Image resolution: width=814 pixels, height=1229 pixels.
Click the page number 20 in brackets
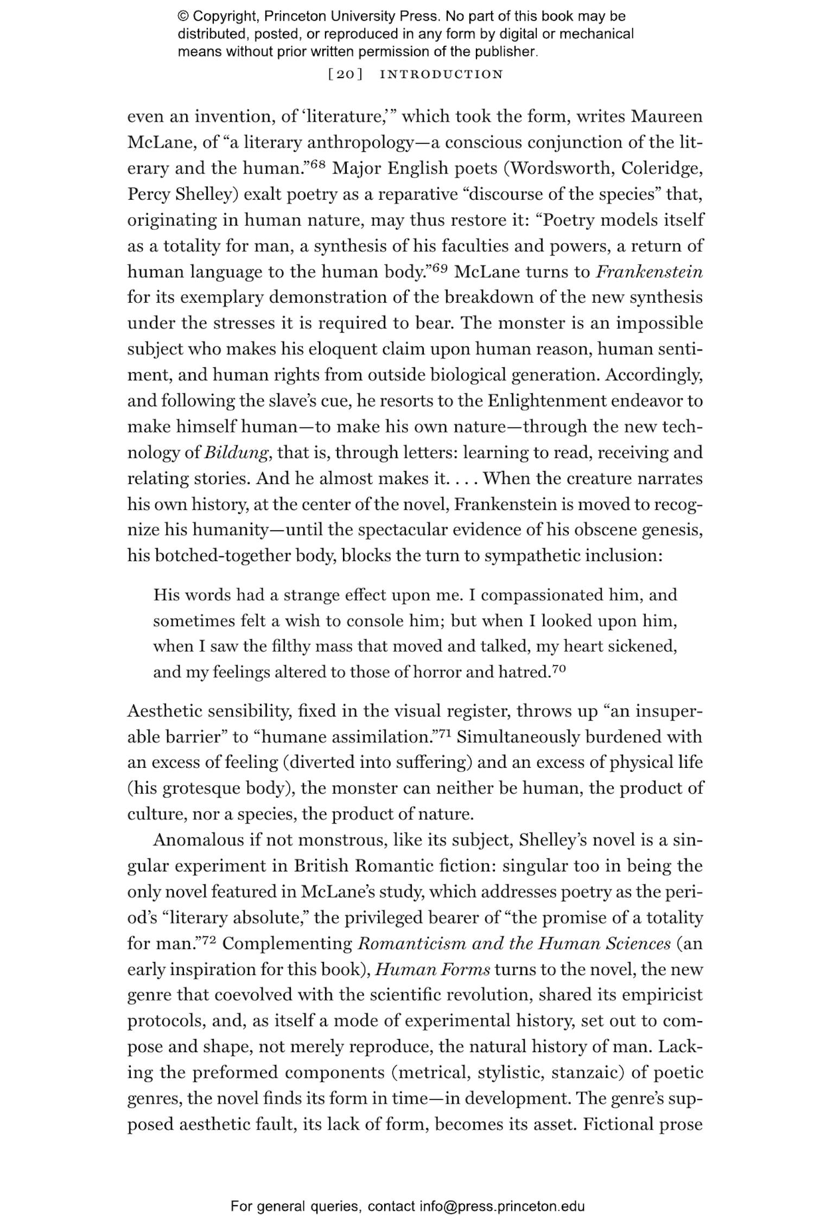tap(345, 74)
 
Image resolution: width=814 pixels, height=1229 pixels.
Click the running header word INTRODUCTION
tap(441, 74)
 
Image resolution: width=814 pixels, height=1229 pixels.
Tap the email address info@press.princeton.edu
tap(502, 1207)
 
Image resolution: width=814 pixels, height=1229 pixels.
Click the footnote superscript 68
tap(317, 164)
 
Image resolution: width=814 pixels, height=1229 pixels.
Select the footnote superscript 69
tap(440, 268)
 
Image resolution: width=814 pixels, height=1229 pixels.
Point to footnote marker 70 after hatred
tap(559, 668)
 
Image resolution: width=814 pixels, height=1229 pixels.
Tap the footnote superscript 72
tap(209, 940)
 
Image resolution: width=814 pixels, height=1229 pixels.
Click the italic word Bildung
tap(237, 453)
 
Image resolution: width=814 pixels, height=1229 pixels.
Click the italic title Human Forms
tap(433, 969)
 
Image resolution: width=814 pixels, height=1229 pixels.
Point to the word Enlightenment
tap(546, 401)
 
